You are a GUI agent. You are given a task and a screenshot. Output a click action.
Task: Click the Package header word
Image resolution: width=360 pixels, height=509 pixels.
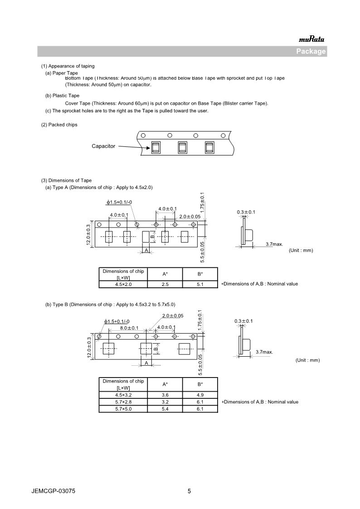(x=311, y=51)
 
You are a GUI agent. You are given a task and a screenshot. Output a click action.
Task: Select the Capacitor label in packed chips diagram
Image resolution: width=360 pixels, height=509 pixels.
(x=103, y=146)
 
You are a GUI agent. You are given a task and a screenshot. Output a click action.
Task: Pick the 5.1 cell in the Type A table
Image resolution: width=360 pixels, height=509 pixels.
(x=200, y=284)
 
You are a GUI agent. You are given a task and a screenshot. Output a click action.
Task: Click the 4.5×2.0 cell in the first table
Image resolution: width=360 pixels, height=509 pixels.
(x=123, y=284)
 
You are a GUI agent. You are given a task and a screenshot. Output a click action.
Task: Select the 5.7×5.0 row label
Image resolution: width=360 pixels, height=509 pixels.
(x=123, y=409)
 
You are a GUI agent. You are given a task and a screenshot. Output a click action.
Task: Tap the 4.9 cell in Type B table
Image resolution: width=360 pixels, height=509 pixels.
(x=200, y=395)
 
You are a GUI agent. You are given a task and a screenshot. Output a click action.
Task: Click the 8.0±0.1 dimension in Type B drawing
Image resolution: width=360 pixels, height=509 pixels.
(x=129, y=328)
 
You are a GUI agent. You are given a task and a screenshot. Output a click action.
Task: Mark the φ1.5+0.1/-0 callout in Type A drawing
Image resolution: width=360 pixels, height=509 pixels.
(x=119, y=202)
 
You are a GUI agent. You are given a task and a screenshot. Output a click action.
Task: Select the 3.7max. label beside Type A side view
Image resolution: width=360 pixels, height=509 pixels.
(x=274, y=244)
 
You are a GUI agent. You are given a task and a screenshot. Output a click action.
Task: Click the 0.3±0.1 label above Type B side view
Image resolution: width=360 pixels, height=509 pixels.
(x=243, y=321)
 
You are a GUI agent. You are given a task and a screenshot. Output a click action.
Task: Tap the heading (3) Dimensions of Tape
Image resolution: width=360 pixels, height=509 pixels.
(x=66, y=180)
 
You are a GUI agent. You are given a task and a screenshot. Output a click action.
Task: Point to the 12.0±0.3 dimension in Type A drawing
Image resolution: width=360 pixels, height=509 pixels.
(x=89, y=234)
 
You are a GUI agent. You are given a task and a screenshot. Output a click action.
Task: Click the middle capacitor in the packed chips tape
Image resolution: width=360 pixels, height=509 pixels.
(x=182, y=147)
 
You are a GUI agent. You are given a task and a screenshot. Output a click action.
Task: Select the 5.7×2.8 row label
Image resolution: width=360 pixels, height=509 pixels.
(x=123, y=402)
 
